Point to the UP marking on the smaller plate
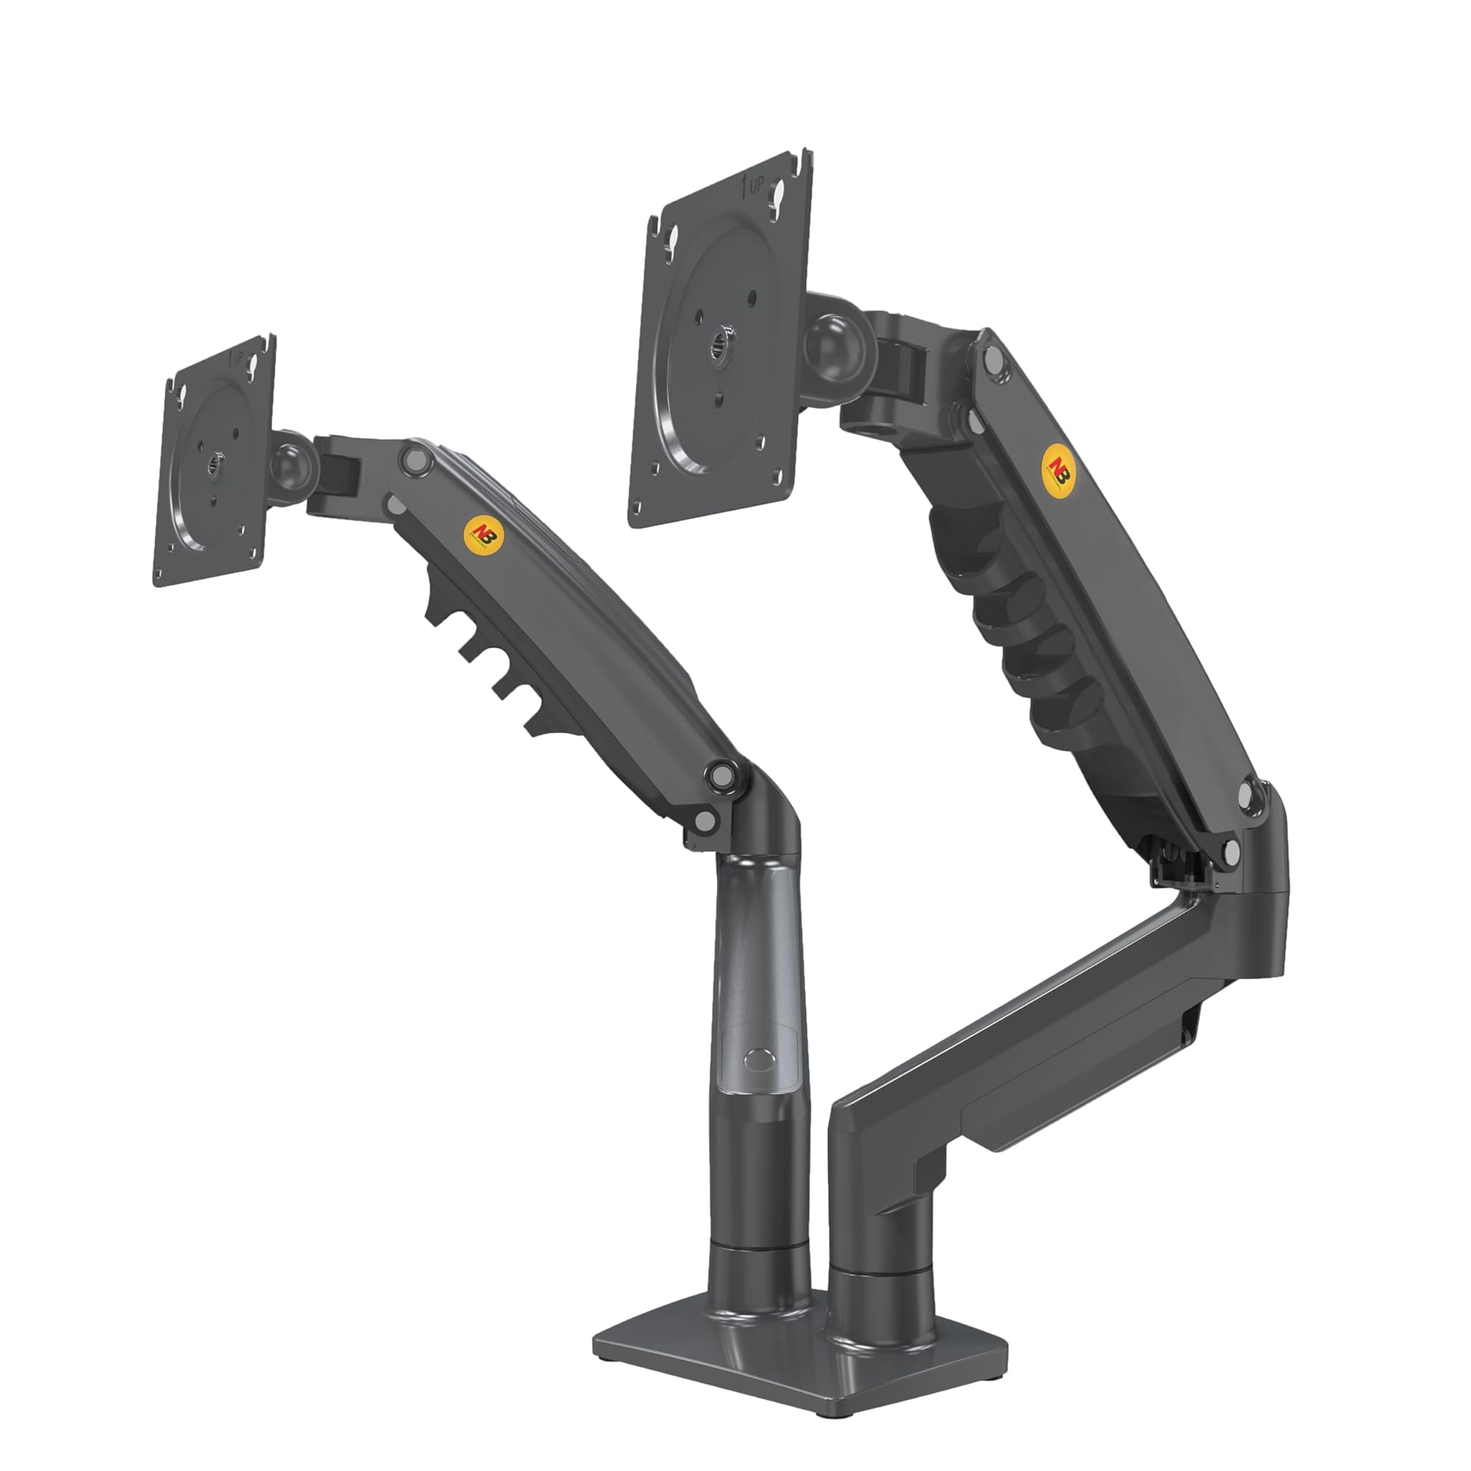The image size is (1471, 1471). tap(238, 357)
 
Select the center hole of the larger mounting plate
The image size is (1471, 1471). tap(718, 345)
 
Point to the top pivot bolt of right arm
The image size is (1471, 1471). tap(992, 358)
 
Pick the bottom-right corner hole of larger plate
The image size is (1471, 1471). tap(776, 479)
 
